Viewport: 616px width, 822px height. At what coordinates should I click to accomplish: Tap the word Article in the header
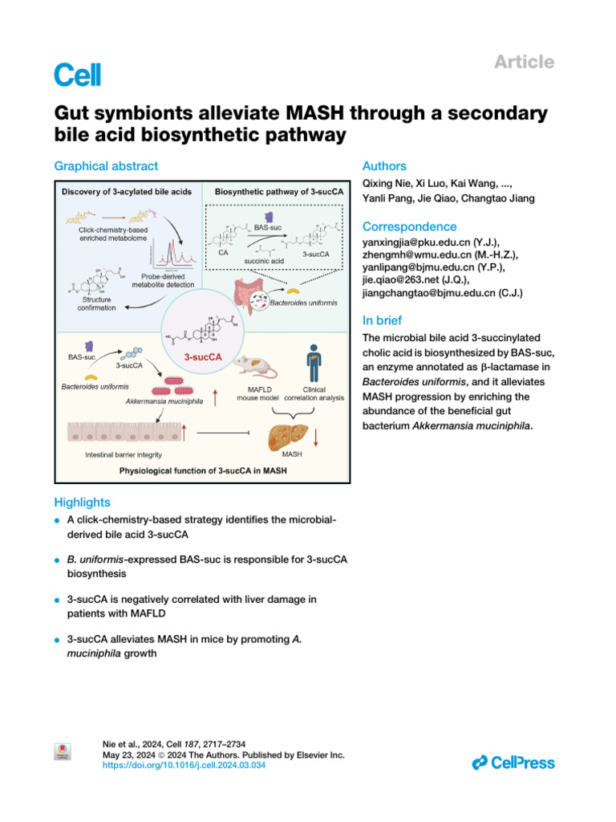point(525,62)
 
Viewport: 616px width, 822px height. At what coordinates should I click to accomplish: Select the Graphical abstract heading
point(106,166)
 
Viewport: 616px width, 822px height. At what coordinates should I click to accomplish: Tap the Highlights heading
point(82,503)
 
